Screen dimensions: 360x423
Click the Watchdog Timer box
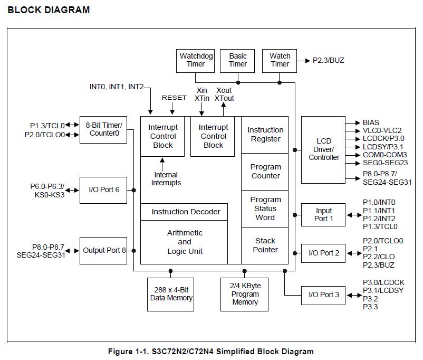tap(196, 60)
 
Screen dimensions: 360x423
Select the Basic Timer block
tap(238, 60)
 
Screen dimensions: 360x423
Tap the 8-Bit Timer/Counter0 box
tap(103, 129)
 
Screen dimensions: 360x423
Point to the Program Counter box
tap(265, 172)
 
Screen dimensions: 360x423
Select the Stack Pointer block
tap(265, 245)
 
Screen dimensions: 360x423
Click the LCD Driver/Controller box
tap(323, 149)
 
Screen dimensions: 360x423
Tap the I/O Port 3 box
tap(323, 295)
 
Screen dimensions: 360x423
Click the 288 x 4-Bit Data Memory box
tap(171, 294)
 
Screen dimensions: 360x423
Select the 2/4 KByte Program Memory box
tap(245, 294)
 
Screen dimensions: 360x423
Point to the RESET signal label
tap(174, 98)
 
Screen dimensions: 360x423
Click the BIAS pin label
tap(371, 122)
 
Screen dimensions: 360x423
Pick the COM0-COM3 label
tap(385, 155)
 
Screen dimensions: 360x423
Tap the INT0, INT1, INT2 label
tap(116, 87)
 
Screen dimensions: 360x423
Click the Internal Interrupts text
tap(166, 179)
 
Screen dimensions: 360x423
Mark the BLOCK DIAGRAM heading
tap(49, 10)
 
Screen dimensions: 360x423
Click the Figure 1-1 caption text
tap(210, 352)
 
